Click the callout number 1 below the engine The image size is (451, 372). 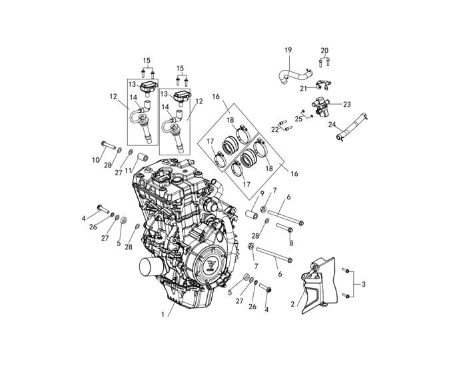163,315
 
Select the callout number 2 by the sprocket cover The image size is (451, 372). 293,304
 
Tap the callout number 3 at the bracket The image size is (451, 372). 364,285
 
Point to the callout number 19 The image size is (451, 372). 288,50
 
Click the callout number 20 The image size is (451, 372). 324,51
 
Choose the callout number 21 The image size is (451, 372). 304,89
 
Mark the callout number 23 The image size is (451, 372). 347,104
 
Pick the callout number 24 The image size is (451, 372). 332,125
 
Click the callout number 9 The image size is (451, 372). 262,193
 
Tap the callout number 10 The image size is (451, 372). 96,160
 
